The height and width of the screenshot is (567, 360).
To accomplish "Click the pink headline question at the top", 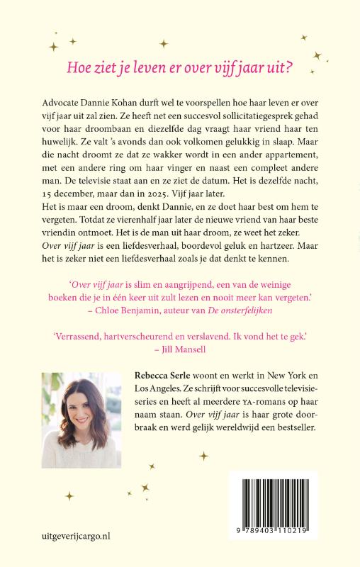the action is pyautogui.click(x=179, y=67).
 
